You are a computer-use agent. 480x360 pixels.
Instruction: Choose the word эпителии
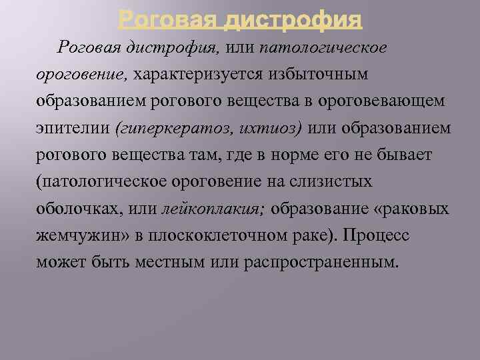click(x=67, y=127)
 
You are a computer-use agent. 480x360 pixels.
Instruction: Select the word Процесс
click(x=385, y=236)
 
